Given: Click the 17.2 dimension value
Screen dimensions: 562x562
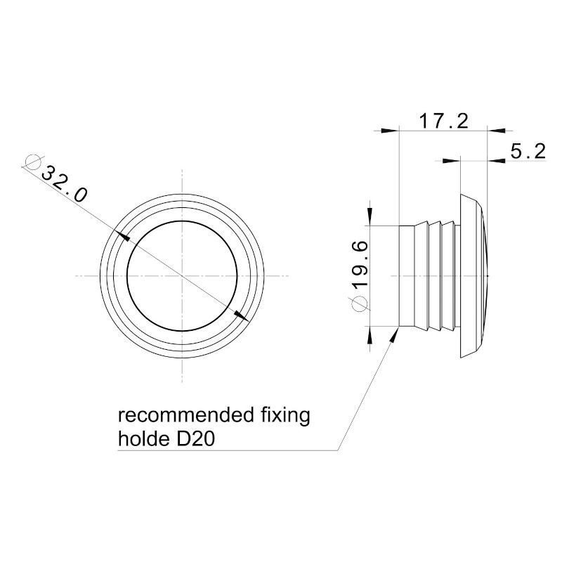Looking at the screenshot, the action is point(443,121).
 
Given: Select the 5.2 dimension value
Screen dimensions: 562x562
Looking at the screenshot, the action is point(528,151).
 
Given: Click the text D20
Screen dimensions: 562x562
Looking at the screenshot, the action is point(196,438).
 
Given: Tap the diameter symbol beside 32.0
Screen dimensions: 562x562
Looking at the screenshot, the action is point(33,162).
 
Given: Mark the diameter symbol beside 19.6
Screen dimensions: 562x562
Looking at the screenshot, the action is point(360,304).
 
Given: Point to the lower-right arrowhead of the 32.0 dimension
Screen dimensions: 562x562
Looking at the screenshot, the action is point(242,315).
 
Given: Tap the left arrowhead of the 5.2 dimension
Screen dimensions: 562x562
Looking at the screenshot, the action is point(451,161).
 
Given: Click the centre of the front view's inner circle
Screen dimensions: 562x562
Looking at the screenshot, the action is point(182,275).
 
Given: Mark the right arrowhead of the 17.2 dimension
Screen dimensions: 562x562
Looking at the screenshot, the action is point(497,131).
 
